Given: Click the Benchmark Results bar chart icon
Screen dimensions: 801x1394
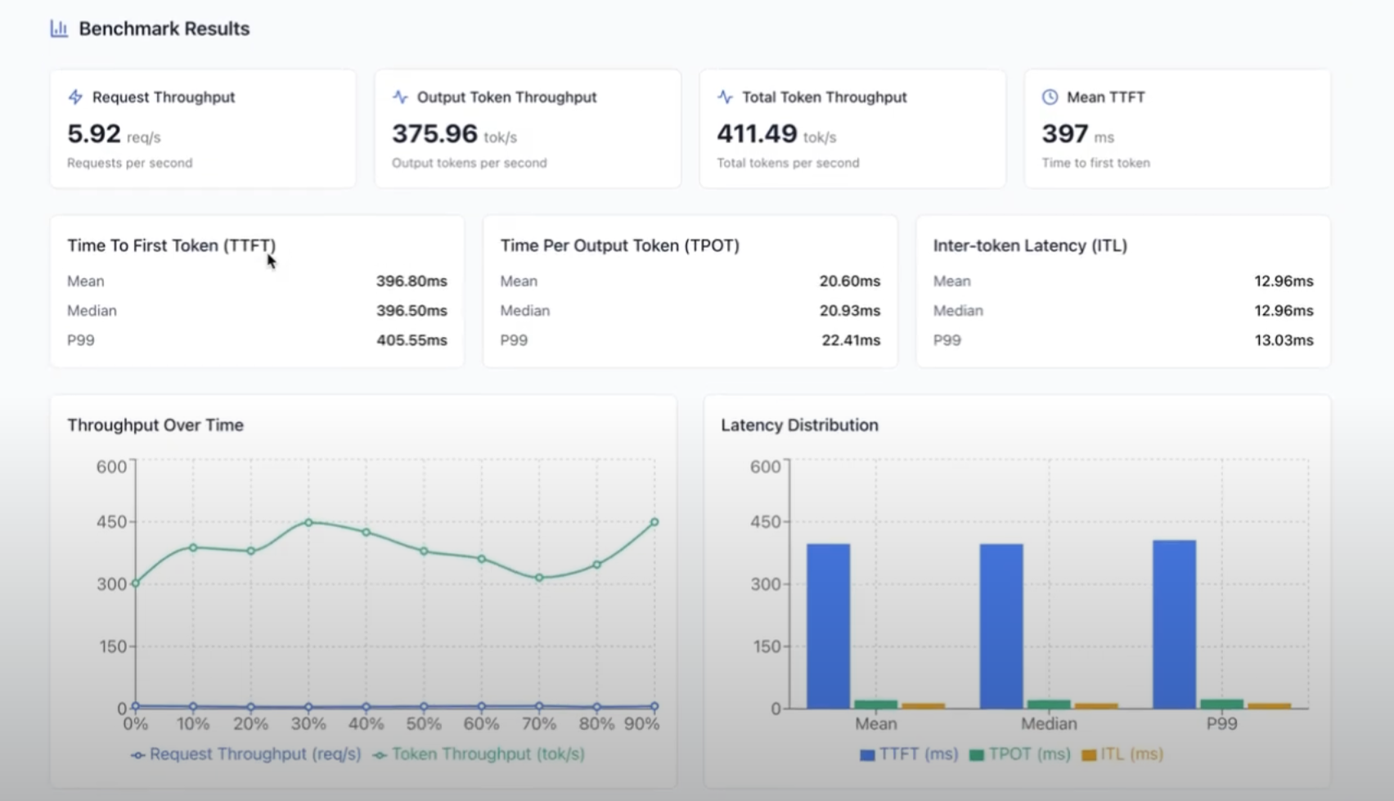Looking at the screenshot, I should [x=59, y=29].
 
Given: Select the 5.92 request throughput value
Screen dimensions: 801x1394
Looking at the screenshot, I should [x=94, y=133].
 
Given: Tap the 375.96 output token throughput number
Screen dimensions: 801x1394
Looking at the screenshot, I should [x=434, y=133].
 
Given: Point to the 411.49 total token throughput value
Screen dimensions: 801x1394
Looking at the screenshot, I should [x=757, y=133].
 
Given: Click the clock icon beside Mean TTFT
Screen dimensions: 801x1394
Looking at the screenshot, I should [x=1050, y=97].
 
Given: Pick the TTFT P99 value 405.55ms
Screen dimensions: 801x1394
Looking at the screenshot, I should [x=411, y=340].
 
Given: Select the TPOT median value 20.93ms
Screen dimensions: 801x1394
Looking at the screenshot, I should [x=849, y=311].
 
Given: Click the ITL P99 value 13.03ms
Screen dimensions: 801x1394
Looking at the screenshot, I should [x=1284, y=340].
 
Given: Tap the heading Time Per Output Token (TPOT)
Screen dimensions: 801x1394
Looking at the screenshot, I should [x=619, y=245].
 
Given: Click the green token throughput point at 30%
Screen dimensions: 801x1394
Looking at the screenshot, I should [x=308, y=522].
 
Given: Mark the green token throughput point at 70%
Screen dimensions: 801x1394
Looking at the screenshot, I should [x=539, y=578].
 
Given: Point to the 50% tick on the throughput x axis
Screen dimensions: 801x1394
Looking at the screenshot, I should [x=424, y=724].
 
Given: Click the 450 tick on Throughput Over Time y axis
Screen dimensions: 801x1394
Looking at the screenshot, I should [x=112, y=522].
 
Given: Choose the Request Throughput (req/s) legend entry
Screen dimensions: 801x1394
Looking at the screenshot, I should [x=245, y=754].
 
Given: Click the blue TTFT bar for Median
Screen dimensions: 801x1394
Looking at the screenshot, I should [x=1001, y=626].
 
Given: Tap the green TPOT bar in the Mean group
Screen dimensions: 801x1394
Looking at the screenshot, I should [x=875, y=704].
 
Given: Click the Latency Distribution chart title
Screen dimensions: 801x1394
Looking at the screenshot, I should [x=799, y=425].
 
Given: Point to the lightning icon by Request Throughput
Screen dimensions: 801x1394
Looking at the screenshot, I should [x=75, y=97].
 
